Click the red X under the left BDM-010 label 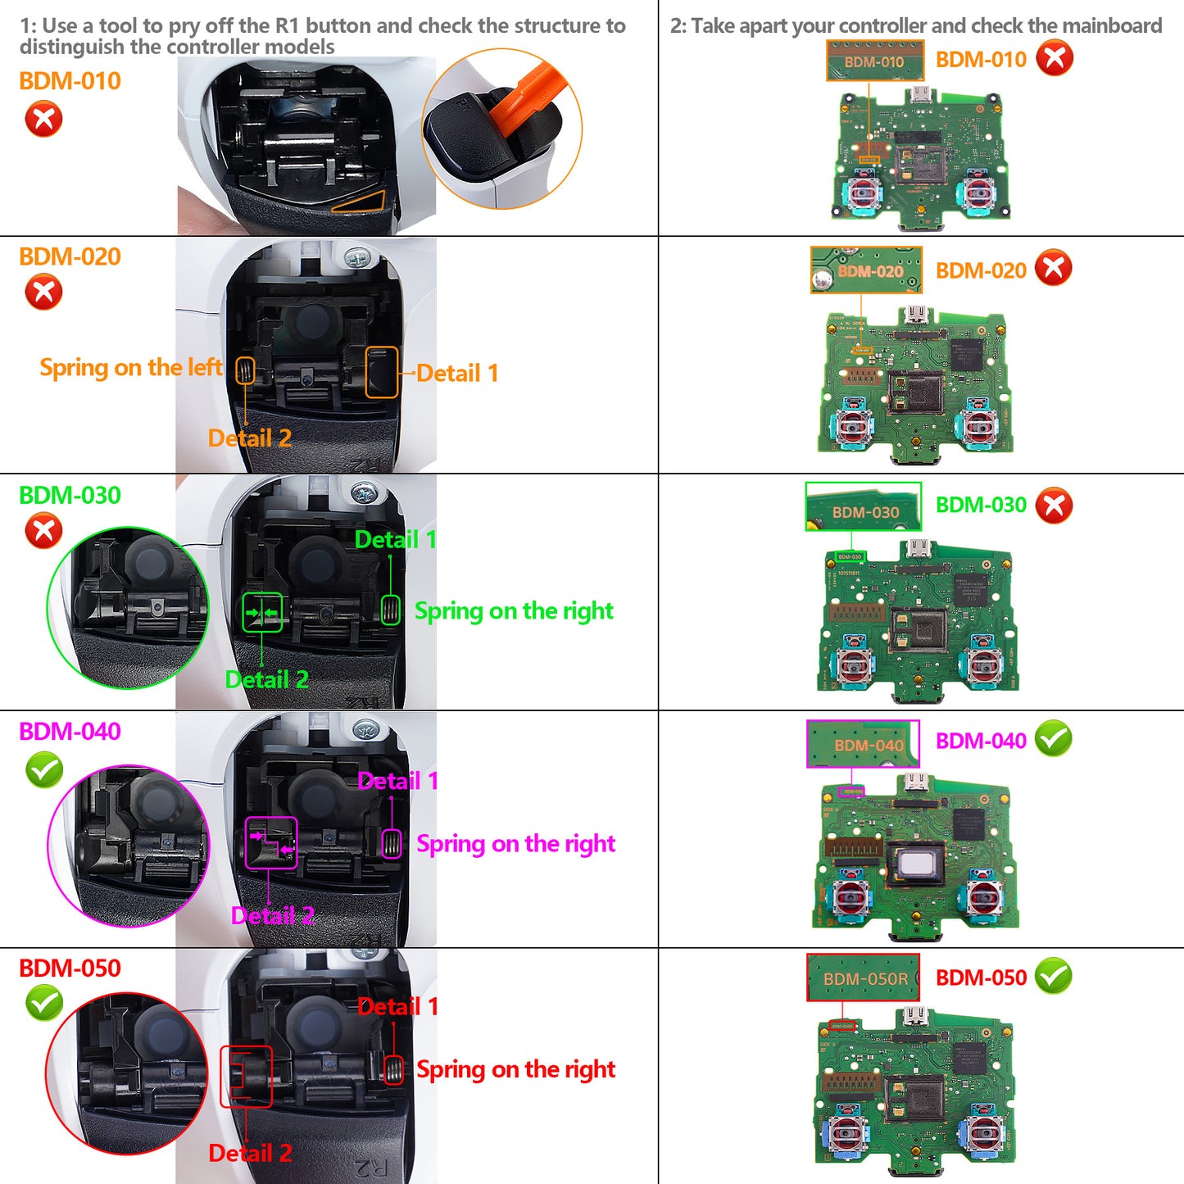pos(43,119)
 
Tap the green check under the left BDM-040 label pos(44,769)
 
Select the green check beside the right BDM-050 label pos(1054,976)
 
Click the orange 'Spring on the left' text pos(130,368)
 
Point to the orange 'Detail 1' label pos(457,374)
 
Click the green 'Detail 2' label pos(266,680)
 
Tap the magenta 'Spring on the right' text pos(515,844)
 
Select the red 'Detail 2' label pos(250,1154)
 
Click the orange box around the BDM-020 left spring pos(245,370)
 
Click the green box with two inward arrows pos(262,612)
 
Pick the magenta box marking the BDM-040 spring pos(392,844)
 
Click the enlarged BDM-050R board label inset pos(863,978)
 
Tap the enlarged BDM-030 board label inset pos(863,506)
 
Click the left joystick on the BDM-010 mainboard pos(862,193)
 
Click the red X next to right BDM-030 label pos(1054,506)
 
